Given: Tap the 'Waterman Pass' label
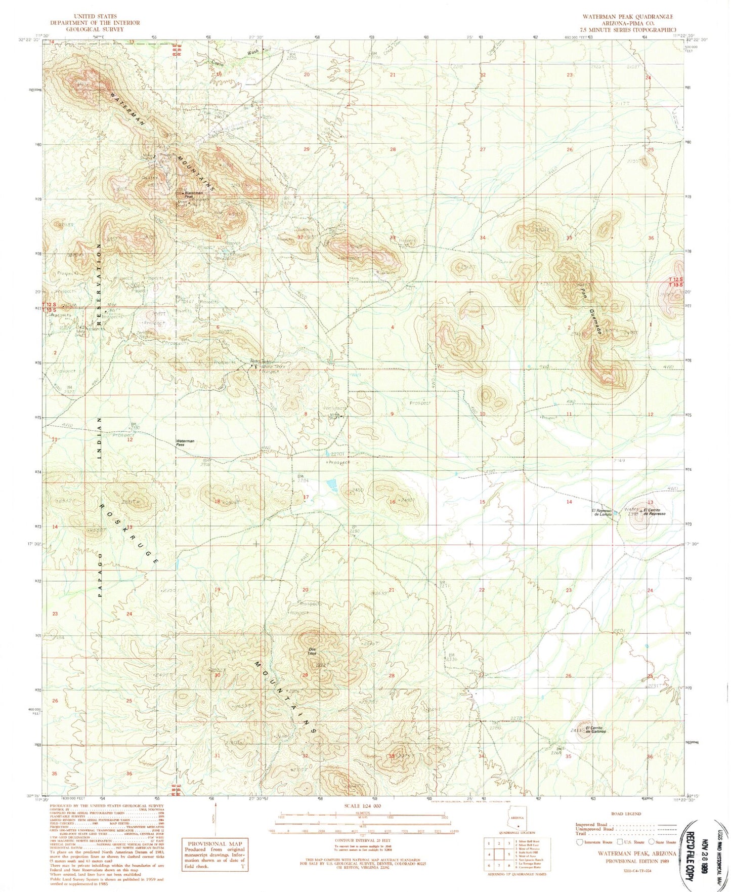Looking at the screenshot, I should [x=185, y=443].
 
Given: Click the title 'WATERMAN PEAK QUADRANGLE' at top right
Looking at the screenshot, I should [x=627, y=17].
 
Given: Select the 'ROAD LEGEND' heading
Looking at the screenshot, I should [x=625, y=814].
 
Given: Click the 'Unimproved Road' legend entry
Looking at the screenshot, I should [x=595, y=829].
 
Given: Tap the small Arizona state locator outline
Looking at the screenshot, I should [x=517, y=821].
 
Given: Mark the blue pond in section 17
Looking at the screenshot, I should [x=332, y=485].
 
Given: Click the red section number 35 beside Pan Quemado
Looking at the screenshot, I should [x=569, y=237].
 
